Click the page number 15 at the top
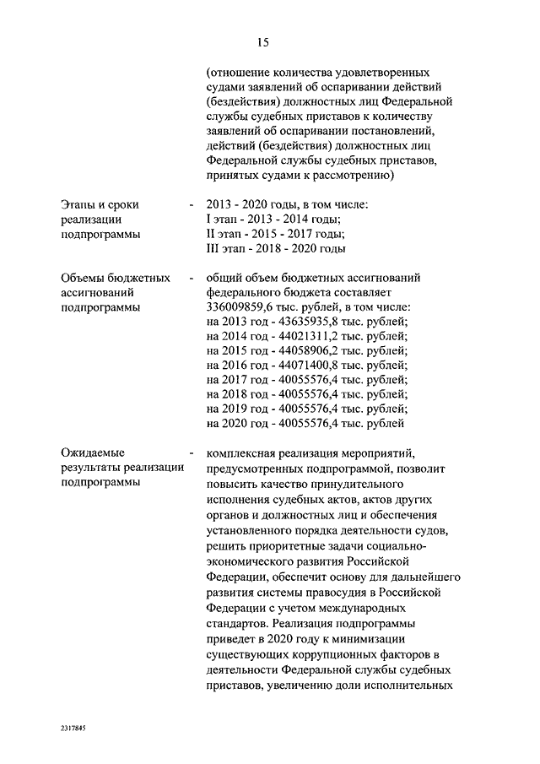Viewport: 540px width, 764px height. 262,41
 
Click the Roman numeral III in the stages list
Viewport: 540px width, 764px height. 213,249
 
